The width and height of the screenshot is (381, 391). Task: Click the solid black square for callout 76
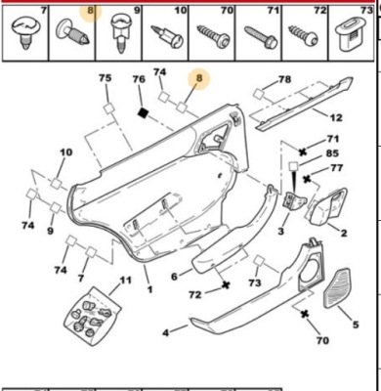143,113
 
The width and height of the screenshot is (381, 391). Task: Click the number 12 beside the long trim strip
335,117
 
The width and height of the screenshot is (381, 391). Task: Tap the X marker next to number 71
303,152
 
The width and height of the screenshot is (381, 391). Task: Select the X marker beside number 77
307,179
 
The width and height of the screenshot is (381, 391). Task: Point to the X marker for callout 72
226,284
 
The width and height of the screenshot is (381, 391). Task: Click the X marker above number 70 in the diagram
305,314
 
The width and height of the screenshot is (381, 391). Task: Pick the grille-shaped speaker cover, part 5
337,288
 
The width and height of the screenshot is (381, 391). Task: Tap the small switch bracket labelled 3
294,199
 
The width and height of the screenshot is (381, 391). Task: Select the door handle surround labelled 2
326,206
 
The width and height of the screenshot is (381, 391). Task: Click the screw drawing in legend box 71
261,37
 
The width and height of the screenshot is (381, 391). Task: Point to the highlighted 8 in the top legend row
91,11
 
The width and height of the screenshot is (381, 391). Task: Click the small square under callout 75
109,109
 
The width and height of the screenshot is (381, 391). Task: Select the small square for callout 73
259,261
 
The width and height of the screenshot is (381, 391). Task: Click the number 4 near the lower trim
166,333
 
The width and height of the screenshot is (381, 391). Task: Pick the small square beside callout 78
259,94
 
